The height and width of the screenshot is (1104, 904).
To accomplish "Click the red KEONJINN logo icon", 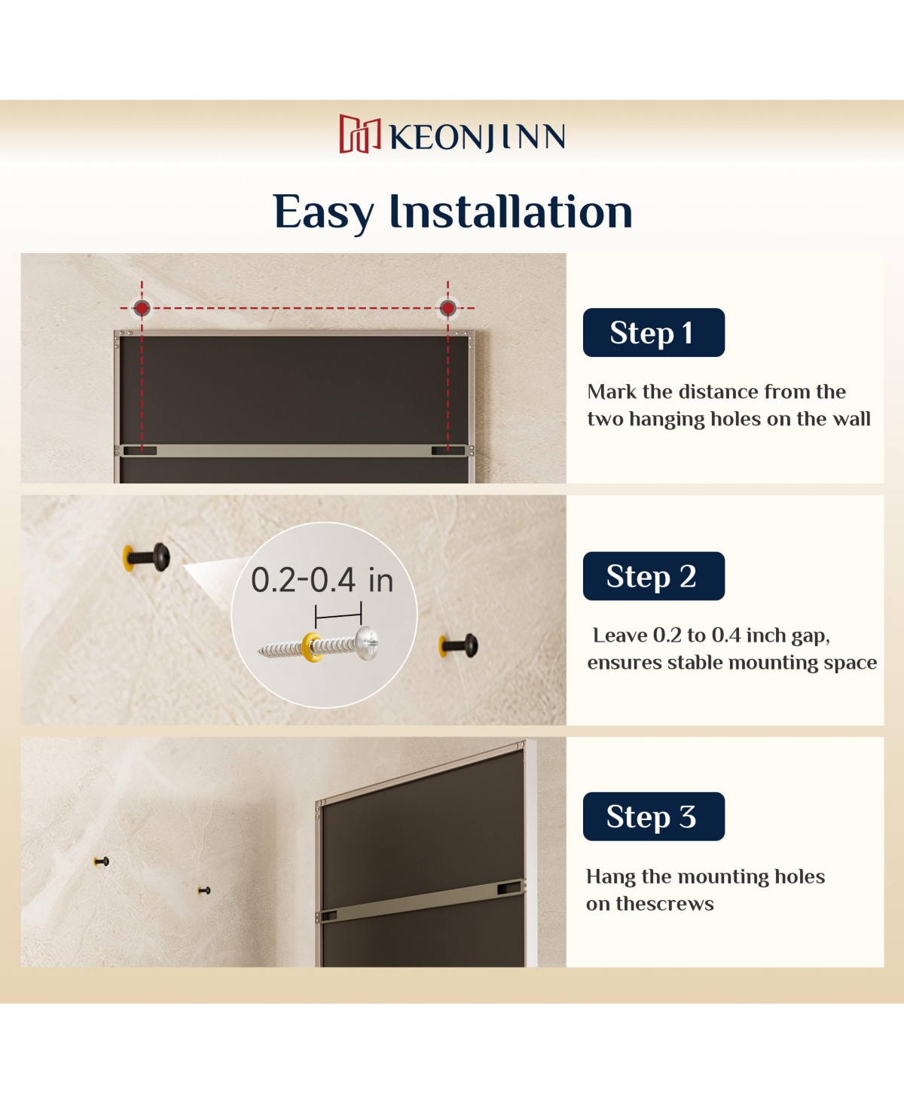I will point(359,134).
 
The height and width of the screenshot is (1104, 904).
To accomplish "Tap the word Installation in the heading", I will point(511,212).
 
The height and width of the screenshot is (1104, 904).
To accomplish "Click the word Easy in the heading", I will point(323,213).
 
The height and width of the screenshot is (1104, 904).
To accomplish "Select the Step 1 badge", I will point(653,332).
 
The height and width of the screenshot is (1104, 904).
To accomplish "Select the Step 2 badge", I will point(653,576).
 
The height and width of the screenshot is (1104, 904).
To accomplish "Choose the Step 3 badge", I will point(653,816).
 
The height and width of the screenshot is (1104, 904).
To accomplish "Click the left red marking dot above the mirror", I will point(142,308).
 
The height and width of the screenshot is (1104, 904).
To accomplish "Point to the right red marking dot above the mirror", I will point(447,308).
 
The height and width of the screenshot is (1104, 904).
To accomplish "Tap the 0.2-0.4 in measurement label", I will point(322,581).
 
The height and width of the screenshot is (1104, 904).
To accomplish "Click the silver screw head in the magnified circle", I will point(368,643).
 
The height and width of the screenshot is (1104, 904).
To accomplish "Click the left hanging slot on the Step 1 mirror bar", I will point(140,451).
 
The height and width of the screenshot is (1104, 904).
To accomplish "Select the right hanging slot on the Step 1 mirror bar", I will point(448,451).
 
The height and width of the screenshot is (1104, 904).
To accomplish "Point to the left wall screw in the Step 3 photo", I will point(102,862).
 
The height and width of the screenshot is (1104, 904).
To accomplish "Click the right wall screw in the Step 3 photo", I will point(204,891).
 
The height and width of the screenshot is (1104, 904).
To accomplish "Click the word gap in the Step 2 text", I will point(810,636).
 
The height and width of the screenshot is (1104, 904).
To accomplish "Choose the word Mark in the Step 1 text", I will point(612,392).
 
